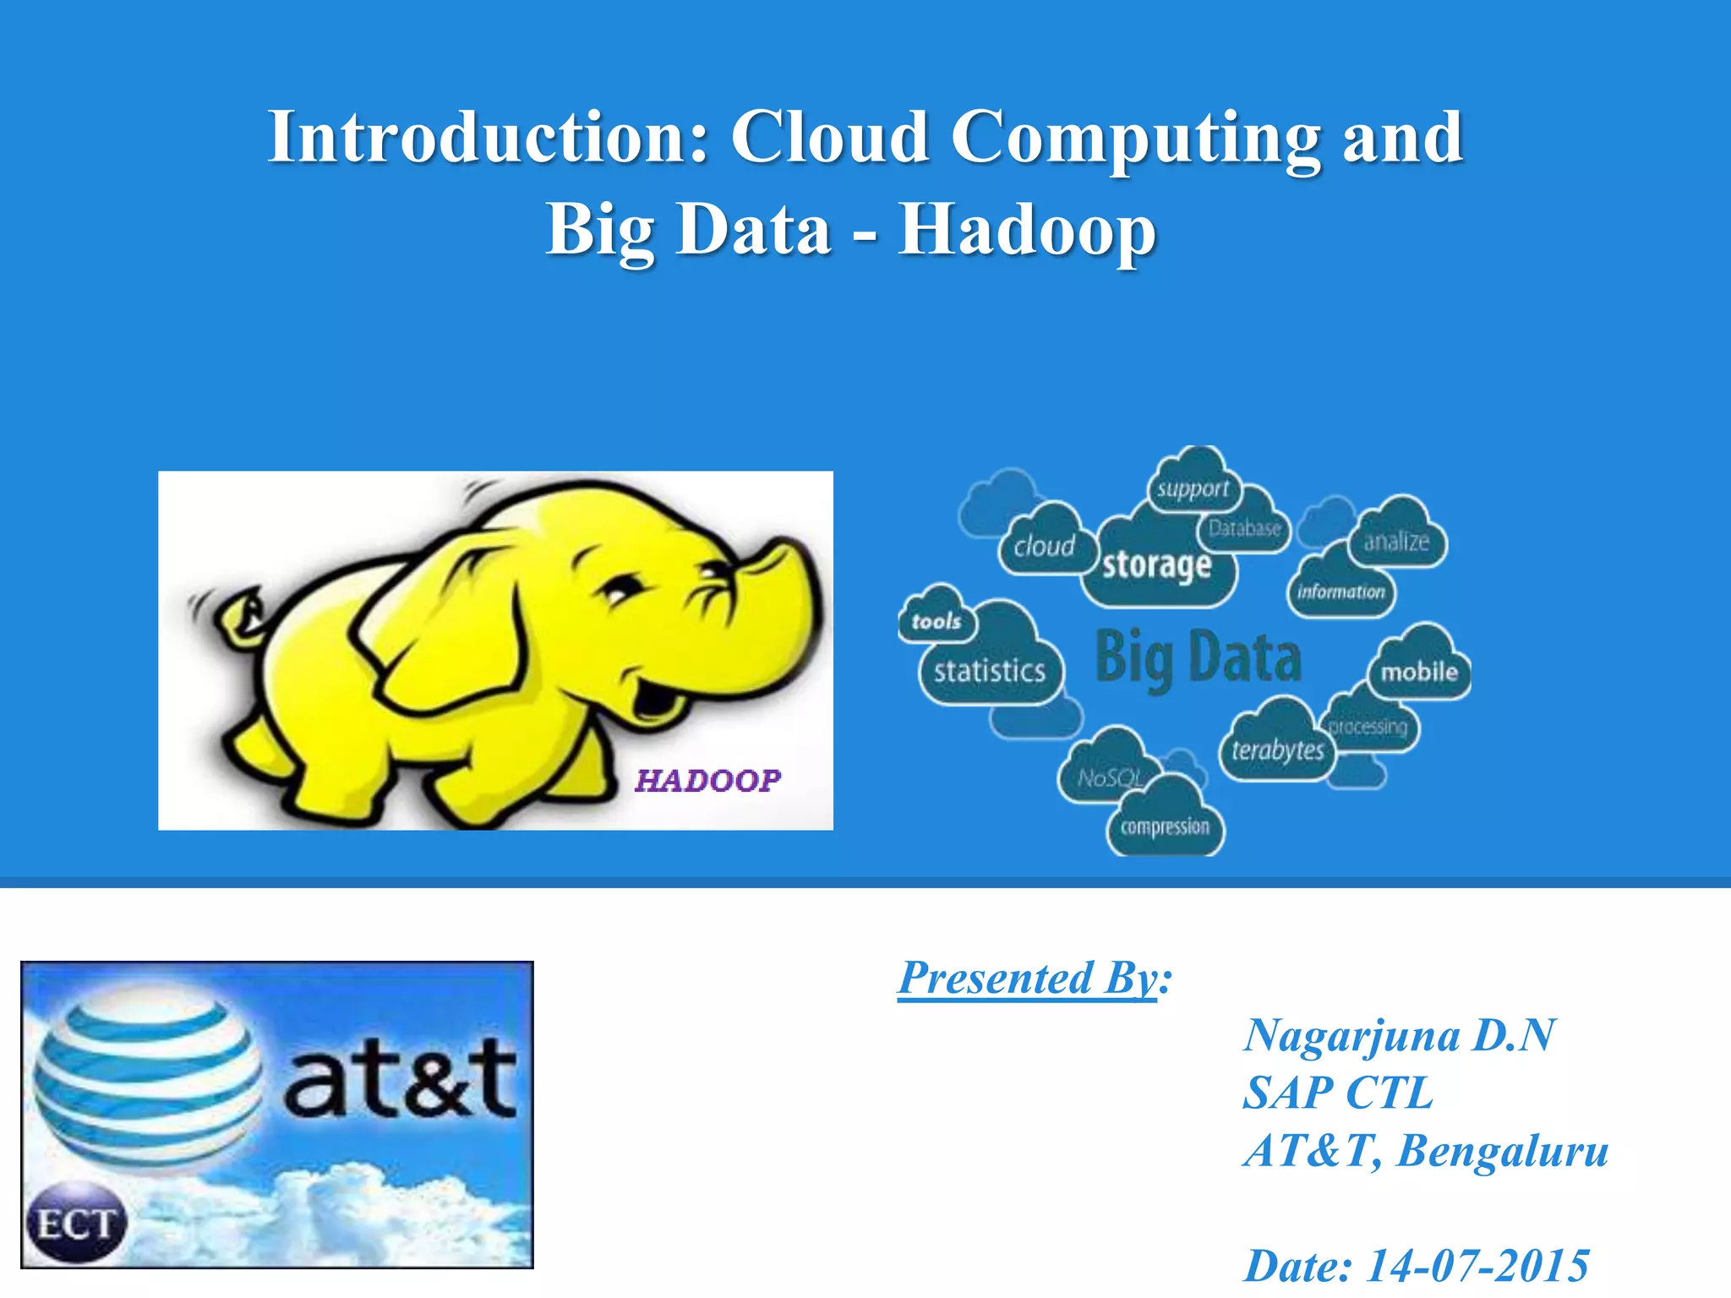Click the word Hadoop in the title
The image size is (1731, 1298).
tap(1026, 230)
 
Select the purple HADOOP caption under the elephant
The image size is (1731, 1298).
tap(707, 781)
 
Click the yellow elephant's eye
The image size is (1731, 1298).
tap(624, 589)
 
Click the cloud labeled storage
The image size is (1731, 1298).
tap(1156, 564)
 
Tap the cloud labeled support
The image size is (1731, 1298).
tap(1193, 488)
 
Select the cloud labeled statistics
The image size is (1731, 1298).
tap(990, 671)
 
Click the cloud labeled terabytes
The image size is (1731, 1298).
tap(1277, 749)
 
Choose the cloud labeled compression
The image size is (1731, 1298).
tap(1165, 826)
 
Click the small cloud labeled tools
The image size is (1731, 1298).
tap(936, 620)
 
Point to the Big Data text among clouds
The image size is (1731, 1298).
tap(1198, 657)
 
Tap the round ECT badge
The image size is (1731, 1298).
tap(75, 1224)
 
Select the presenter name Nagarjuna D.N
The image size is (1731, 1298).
tap(1399, 1035)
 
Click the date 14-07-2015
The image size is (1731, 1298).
tap(1477, 1266)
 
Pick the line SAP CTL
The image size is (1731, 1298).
tap(1338, 1093)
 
